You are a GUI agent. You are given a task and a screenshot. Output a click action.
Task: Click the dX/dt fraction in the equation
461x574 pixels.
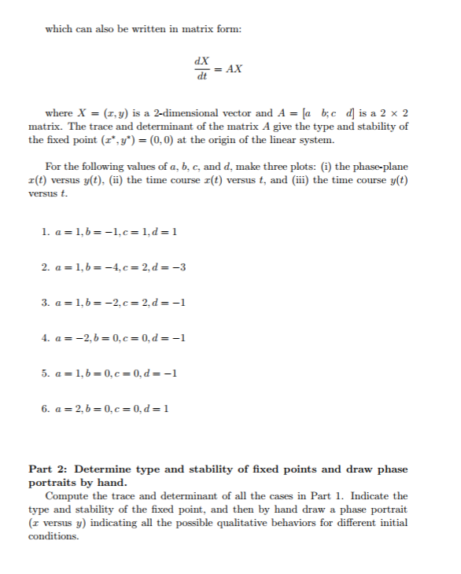[203, 69]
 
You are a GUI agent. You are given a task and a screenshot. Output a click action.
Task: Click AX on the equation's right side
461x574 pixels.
[234, 68]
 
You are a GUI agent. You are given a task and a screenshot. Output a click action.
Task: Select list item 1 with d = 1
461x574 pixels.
[111, 233]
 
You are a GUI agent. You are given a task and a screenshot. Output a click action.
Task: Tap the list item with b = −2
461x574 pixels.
[115, 304]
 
